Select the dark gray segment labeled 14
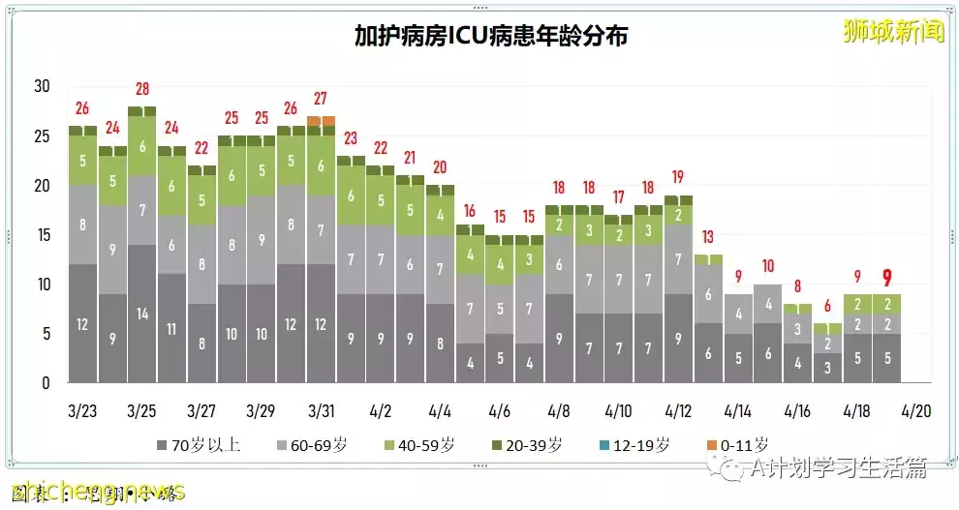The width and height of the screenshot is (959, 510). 142,314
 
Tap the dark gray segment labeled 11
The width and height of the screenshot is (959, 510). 171,328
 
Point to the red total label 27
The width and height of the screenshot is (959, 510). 321,99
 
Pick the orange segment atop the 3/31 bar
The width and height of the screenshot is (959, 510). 321,120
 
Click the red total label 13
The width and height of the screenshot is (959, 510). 707,237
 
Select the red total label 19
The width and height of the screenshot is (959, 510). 678,177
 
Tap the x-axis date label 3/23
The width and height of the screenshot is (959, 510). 83,410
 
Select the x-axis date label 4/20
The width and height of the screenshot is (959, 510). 916,410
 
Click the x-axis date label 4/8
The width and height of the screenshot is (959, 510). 559,410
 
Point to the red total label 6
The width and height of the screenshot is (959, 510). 826,307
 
